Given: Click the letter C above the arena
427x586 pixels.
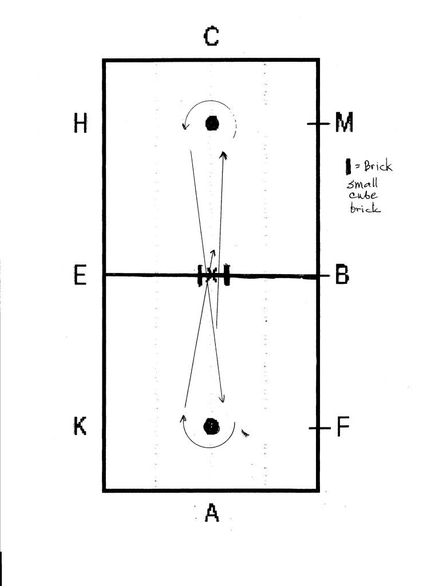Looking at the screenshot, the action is point(211,37).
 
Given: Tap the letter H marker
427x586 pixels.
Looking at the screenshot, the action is point(80,124).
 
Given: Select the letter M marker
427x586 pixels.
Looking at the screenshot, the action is point(344,123).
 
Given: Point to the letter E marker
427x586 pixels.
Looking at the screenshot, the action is point(80,275).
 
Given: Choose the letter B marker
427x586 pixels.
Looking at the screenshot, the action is point(342,275).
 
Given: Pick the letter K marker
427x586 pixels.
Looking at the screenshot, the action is point(80,426).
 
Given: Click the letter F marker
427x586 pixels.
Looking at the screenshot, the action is point(343,427).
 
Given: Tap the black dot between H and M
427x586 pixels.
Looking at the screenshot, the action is point(212,124).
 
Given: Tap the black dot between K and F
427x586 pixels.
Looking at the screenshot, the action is point(211,426).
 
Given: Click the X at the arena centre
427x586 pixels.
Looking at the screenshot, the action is point(212,275).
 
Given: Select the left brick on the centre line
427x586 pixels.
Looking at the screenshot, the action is point(200,275).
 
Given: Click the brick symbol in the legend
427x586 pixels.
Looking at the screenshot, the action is point(348,167).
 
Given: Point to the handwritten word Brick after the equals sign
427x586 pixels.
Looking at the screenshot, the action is point(378,166).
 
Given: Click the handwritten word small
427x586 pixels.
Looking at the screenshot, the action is point(362,184).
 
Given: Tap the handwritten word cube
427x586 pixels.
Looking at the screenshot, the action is point(363,195).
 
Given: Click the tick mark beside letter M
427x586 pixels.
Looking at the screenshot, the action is point(319,124).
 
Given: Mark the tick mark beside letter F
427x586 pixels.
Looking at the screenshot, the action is point(320,428).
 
